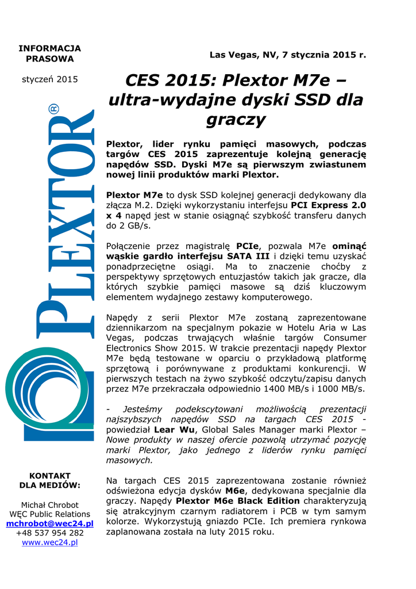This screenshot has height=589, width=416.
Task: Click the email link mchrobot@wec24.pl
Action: click(x=49, y=523)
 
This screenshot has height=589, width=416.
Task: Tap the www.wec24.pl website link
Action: click(x=49, y=542)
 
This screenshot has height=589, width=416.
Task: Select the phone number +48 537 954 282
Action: click(x=49, y=533)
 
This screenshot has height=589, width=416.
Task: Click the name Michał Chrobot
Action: click(x=49, y=504)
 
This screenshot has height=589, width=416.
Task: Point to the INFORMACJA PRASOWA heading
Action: click(x=49, y=53)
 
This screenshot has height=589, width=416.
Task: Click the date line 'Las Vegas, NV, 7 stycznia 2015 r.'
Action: click(x=287, y=55)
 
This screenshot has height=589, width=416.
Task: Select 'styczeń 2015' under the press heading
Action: click(x=49, y=79)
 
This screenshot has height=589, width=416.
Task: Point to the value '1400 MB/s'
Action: click(x=285, y=389)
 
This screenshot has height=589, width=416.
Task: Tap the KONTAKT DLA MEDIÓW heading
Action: click(x=49, y=480)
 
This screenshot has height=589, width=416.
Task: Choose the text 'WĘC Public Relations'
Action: click(x=49, y=514)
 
